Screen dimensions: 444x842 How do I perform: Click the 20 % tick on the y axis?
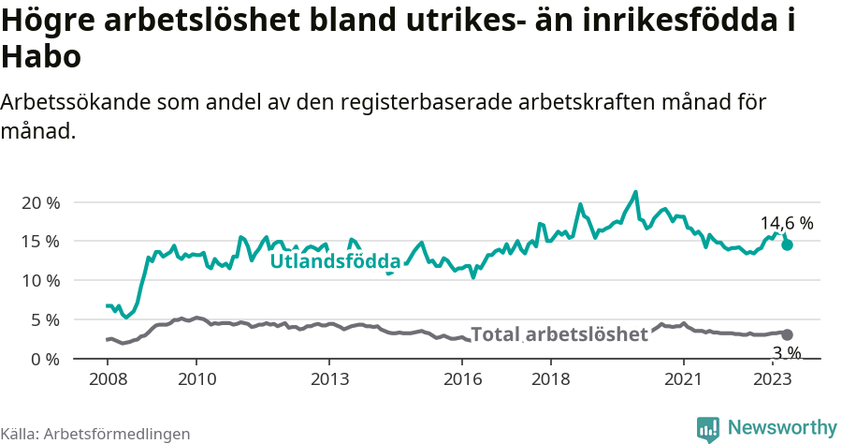40,202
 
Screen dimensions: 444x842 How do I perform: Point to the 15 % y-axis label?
40,242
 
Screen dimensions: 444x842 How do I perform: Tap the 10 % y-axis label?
40,281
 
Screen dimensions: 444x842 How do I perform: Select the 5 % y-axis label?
45,320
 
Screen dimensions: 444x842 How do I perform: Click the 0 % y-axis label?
45,359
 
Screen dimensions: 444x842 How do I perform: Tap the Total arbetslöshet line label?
559,334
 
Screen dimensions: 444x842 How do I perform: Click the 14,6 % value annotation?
786,224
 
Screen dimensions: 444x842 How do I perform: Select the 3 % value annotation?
786,353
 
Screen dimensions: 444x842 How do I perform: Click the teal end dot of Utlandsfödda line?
788,244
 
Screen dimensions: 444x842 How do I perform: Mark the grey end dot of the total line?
788,334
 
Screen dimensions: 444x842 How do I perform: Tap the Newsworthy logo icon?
708,428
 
